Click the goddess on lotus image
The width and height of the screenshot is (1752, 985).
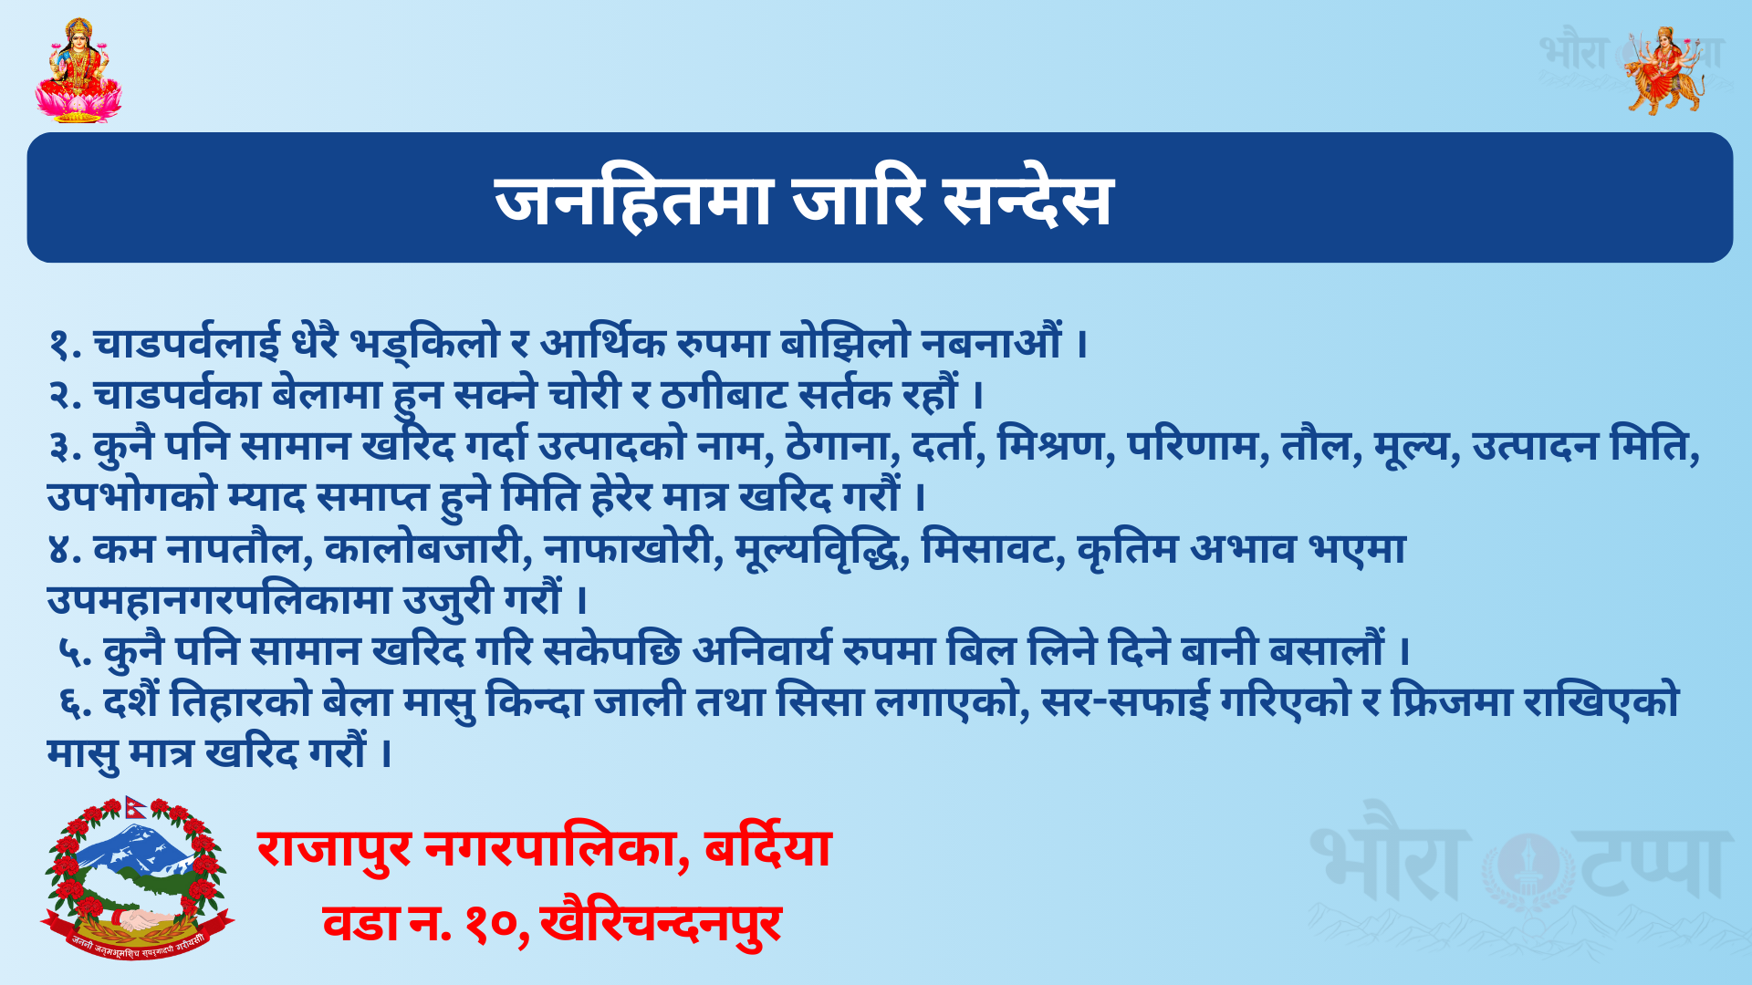(78, 70)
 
